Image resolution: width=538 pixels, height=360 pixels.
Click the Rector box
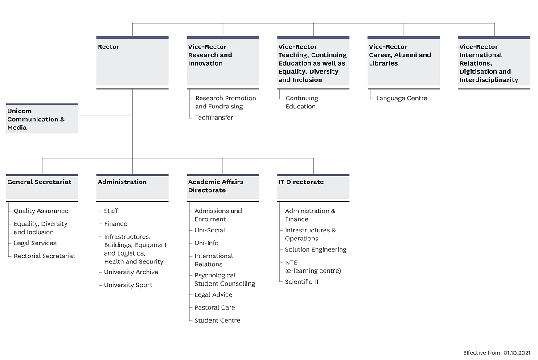coord(132,61)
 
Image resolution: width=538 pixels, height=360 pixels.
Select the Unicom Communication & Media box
coord(42,119)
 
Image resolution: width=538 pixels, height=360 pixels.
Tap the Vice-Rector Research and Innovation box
coord(223,61)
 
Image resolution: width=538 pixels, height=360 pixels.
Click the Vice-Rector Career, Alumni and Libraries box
coord(404,61)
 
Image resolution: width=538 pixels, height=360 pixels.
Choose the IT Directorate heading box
coord(313,187)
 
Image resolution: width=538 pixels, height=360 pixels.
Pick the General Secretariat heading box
coord(42,187)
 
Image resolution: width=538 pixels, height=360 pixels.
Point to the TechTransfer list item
coord(214,117)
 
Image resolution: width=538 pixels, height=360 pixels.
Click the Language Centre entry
coord(402,98)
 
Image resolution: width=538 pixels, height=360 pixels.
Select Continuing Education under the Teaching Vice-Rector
coord(302,102)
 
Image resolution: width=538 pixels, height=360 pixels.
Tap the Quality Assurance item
coord(41,211)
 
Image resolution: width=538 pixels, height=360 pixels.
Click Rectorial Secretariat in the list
coord(45,256)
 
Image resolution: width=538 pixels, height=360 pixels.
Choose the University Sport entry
coord(128,285)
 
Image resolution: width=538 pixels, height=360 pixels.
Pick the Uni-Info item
coord(206,243)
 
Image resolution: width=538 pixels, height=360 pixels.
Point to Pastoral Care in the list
coord(215,308)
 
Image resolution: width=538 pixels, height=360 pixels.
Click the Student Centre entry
coord(218,320)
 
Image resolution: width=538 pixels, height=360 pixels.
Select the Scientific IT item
coord(302,282)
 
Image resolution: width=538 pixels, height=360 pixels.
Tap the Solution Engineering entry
coord(316,250)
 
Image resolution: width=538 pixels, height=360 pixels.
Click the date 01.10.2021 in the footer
coord(517,353)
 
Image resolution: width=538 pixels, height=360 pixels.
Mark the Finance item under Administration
coord(115,224)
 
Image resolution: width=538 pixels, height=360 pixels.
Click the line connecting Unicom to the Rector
coord(106,115)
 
